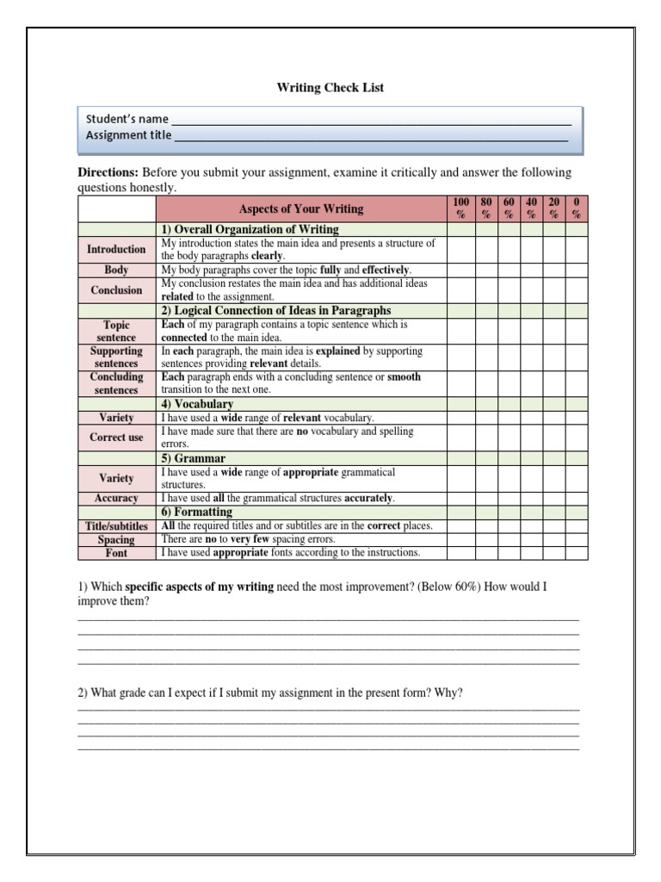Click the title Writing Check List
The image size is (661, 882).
[330, 88]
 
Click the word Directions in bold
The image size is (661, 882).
[108, 172]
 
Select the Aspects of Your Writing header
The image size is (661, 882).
[300, 208]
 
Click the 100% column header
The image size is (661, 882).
[460, 208]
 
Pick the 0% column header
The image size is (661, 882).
[577, 208]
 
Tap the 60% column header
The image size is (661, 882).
[509, 208]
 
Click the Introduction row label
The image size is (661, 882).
[116, 249]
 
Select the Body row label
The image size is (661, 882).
[116, 270]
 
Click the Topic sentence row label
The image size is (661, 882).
[116, 332]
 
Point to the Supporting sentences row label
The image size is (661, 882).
[116, 357]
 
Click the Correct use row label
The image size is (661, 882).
[116, 437]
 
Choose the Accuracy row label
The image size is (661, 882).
[116, 498]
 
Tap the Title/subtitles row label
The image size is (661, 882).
[116, 525]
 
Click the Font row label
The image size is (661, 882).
[116, 553]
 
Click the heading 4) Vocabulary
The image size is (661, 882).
[197, 403]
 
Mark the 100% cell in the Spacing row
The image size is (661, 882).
[460, 539]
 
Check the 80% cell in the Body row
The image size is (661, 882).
[485, 270]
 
